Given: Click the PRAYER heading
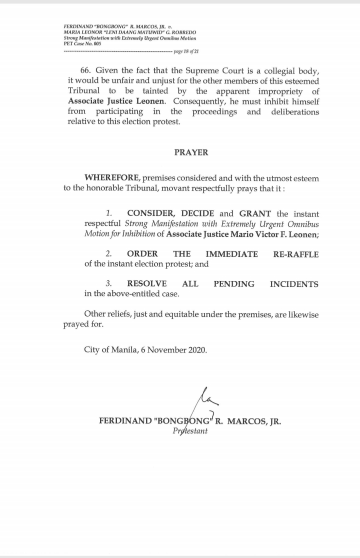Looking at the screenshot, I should pos(191,153).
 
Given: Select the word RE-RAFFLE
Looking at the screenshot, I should pos(295,254).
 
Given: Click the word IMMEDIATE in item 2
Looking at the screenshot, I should pos(232,254).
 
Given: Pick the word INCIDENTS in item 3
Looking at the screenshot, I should pos(294,284).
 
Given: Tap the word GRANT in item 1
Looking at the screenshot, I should pos(255,214).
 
